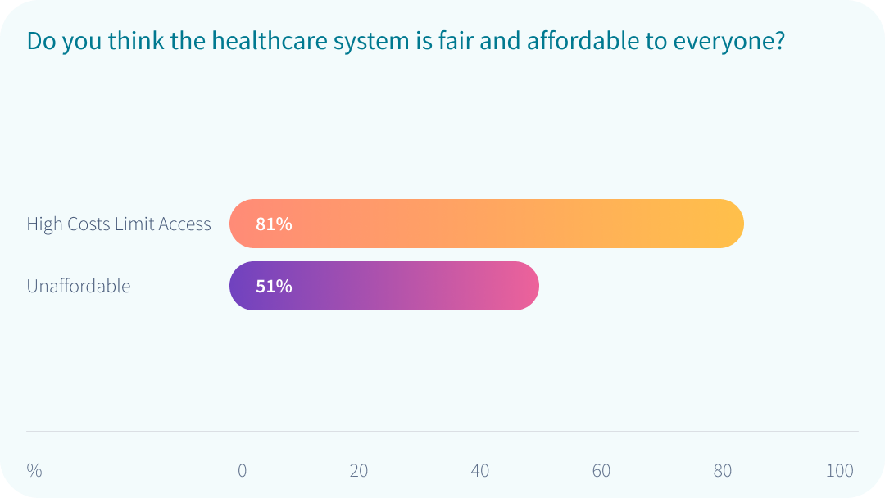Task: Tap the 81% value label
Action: click(x=274, y=224)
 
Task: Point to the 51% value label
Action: click(x=274, y=286)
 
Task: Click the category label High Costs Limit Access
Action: click(x=119, y=224)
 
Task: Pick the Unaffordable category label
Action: click(x=79, y=286)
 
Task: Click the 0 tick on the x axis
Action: click(x=242, y=471)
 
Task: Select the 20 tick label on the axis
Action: click(x=359, y=471)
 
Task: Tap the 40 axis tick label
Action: click(x=480, y=471)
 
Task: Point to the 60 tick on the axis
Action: click(x=601, y=471)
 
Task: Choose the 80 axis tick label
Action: click(x=722, y=471)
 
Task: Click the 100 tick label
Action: click(x=840, y=471)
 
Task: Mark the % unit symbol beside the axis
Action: click(x=34, y=471)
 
